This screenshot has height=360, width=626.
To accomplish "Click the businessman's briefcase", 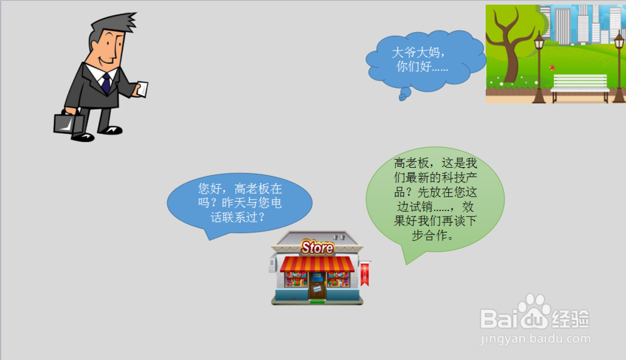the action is (x=69, y=124).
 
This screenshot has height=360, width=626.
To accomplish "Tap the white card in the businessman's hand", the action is (x=143, y=89).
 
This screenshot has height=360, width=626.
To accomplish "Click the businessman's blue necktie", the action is (x=106, y=84).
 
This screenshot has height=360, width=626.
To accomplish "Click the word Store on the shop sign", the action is (x=317, y=247).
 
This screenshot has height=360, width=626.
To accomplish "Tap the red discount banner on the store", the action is (x=364, y=274).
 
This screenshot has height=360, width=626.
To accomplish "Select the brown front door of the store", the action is (x=317, y=285).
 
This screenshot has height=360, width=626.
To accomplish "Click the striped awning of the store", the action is (x=317, y=265).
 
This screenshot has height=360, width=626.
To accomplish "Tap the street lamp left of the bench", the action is (x=540, y=68).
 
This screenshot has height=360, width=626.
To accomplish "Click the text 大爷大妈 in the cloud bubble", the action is (x=415, y=53).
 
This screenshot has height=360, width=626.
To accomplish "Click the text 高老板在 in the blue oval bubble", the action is (x=259, y=188).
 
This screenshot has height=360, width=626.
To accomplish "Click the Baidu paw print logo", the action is (x=534, y=311).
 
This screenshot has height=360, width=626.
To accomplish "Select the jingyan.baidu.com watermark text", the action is (x=535, y=339).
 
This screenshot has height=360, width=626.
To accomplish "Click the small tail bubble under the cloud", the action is (x=404, y=94).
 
